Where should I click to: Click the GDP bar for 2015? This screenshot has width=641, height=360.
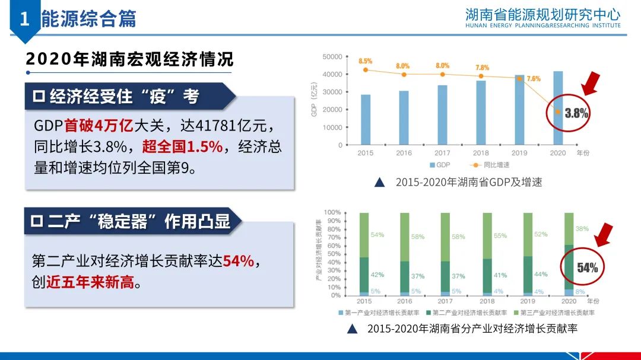point(366,119)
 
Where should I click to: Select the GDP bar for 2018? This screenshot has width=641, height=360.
point(481,112)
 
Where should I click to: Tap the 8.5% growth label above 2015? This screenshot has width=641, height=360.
point(365,61)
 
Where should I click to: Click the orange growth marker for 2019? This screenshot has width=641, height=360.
point(519,78)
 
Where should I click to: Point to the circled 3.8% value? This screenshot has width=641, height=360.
point(576,113)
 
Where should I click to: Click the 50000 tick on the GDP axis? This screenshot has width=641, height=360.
point(332,57)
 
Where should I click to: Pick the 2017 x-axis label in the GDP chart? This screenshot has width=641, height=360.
point(442,153)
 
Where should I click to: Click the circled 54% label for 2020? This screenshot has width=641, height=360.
point(586,267)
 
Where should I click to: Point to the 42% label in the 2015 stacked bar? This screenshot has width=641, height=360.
point(377,275)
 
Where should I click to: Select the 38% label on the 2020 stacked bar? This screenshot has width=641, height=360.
point(582,229)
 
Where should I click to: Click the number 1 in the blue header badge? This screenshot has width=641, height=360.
point(24,19)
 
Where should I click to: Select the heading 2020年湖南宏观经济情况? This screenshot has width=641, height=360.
point(130,59)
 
